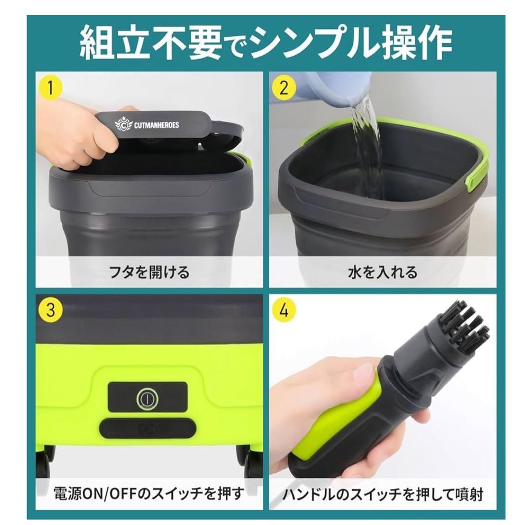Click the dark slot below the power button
(147, 427)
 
